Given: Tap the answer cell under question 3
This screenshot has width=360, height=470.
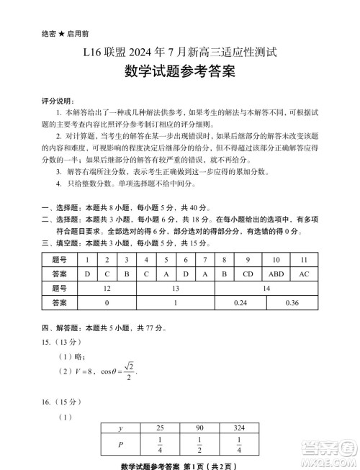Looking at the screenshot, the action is tap(126, 274).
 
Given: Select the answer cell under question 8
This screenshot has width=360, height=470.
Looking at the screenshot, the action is tap(224, 274).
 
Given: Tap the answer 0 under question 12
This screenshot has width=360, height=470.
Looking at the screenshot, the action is tap(107, 303).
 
